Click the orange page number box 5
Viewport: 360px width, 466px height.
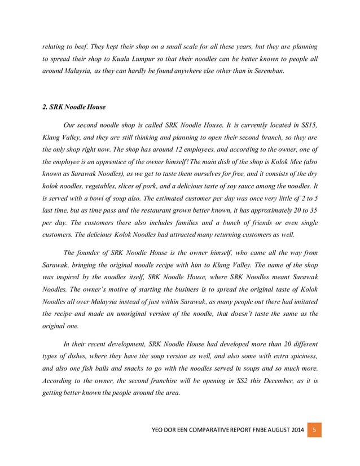(x=314, y=430)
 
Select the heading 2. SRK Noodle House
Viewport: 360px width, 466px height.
(x=74, y=107)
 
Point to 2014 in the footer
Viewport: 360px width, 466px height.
(x=295, y=431)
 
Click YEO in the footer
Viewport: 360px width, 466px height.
(x=160, y=431)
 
